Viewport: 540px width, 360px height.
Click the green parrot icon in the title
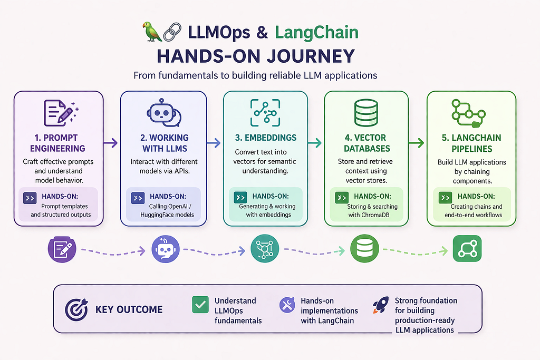tap(152, 32)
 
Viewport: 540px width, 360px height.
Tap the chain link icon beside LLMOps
tap(172, 32)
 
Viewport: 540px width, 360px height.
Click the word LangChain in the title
tap(316, 32)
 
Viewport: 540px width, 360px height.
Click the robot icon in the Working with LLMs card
tap(164, 112)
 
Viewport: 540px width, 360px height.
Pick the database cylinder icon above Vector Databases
tap(366, 113)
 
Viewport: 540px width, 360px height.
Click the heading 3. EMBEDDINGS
tap(266, 138)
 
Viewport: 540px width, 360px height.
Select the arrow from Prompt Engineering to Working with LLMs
tap(111, 143)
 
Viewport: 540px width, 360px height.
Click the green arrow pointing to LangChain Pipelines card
tap(417, 142)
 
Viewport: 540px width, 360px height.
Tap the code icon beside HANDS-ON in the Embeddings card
tap(240, 197)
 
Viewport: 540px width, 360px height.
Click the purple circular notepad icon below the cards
tap(62, 249)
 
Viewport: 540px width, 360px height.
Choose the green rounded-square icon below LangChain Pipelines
tap(467, 249)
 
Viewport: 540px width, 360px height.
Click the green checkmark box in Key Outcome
tap(200, 305)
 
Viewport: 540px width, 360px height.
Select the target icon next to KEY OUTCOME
tap(76, 309)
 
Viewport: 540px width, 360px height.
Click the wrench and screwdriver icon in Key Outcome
tap(287, 305)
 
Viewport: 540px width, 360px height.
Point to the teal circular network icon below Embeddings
tap(265, 248)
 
